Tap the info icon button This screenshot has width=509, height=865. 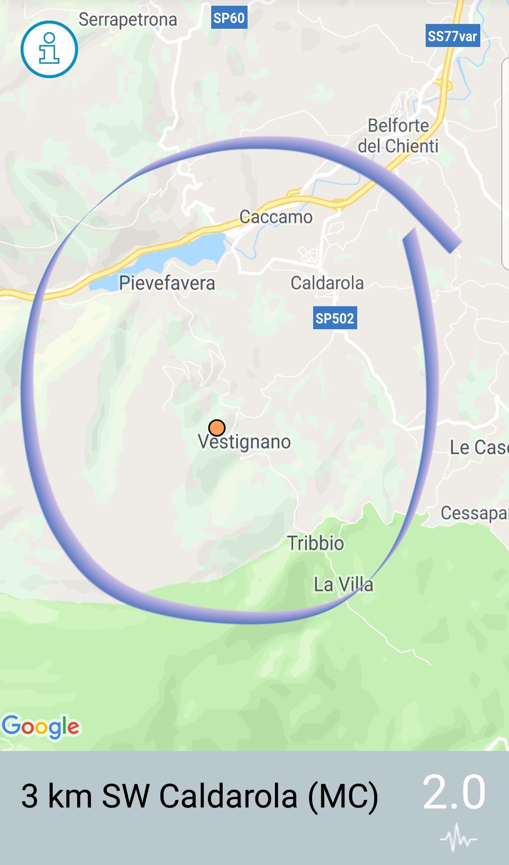[x=49, y=49]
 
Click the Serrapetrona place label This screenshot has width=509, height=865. [x=128, y=20]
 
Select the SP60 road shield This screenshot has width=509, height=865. [x=229, y=18]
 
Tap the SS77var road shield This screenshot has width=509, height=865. [x=452, y=36]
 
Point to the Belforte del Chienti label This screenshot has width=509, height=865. [x=398, y=136]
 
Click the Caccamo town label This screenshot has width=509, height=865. [x=276, y=217]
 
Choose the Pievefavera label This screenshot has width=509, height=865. [x=167, y=283]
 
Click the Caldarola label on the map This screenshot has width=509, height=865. [x=327, y=283]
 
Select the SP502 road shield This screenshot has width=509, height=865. [x=335, y=318]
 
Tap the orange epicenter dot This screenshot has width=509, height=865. [x=217, y=427]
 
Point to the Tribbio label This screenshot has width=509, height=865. [x=316, y=543]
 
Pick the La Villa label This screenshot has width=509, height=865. [x=343, y=585]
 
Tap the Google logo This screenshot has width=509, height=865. [x=41, y=727]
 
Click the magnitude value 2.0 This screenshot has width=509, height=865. [x=454, y=792]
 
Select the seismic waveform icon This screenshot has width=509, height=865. [x=458, y=837]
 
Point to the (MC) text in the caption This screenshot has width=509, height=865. [x=343, y=796]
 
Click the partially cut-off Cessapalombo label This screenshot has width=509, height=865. [x=474, y=513]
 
